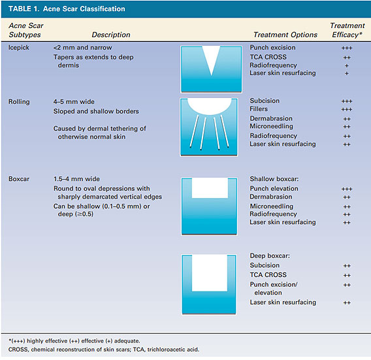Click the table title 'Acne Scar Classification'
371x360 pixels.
tap(84, 9)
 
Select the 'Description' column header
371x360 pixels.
tap(111, 35)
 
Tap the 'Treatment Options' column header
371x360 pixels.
tap(285, 35)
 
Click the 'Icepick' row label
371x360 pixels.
tap(19, 48)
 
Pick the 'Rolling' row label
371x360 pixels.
tap(19, 102)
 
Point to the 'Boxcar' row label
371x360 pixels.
tap(19, 179)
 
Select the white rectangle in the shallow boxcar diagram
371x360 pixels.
tap(210, 188)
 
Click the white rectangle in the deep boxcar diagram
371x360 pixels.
tap(210, 273)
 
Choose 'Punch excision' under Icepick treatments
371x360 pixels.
tap(272, 48)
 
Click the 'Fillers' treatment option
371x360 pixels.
tap(259, 109)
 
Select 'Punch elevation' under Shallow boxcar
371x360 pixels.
tap(274, 189)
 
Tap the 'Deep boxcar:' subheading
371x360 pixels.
tap(270, 256)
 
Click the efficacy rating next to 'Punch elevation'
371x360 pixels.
tap(347, 189)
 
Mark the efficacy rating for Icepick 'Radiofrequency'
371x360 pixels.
tap(347, 66)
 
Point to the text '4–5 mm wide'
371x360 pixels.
tap(74, 102)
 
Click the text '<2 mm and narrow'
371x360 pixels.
tap(82, 48)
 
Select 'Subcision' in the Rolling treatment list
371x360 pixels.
tap(265, 101)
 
